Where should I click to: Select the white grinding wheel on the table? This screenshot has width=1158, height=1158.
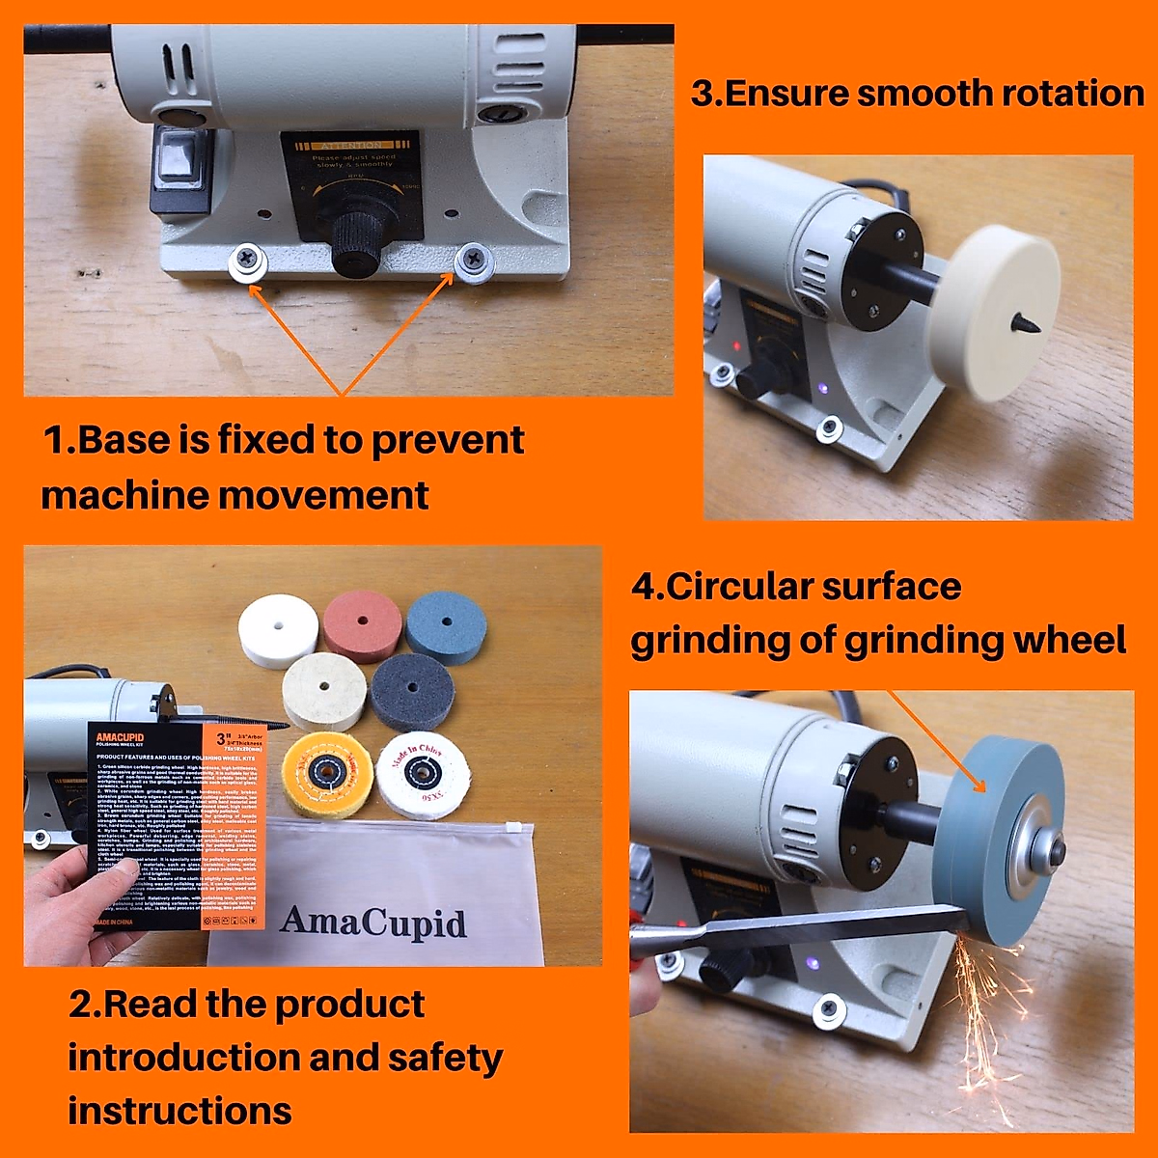click(x=278, y=629)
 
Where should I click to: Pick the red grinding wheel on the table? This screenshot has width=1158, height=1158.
click(x=362, y=625)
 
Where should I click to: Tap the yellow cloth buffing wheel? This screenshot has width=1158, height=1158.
click(x=328, y=773)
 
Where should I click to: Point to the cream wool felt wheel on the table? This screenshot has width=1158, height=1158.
click(x=324, y=691)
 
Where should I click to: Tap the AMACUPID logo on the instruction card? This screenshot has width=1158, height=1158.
click(x=120, y=738)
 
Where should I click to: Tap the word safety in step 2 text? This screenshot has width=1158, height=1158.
click(x=445, y=1058)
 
